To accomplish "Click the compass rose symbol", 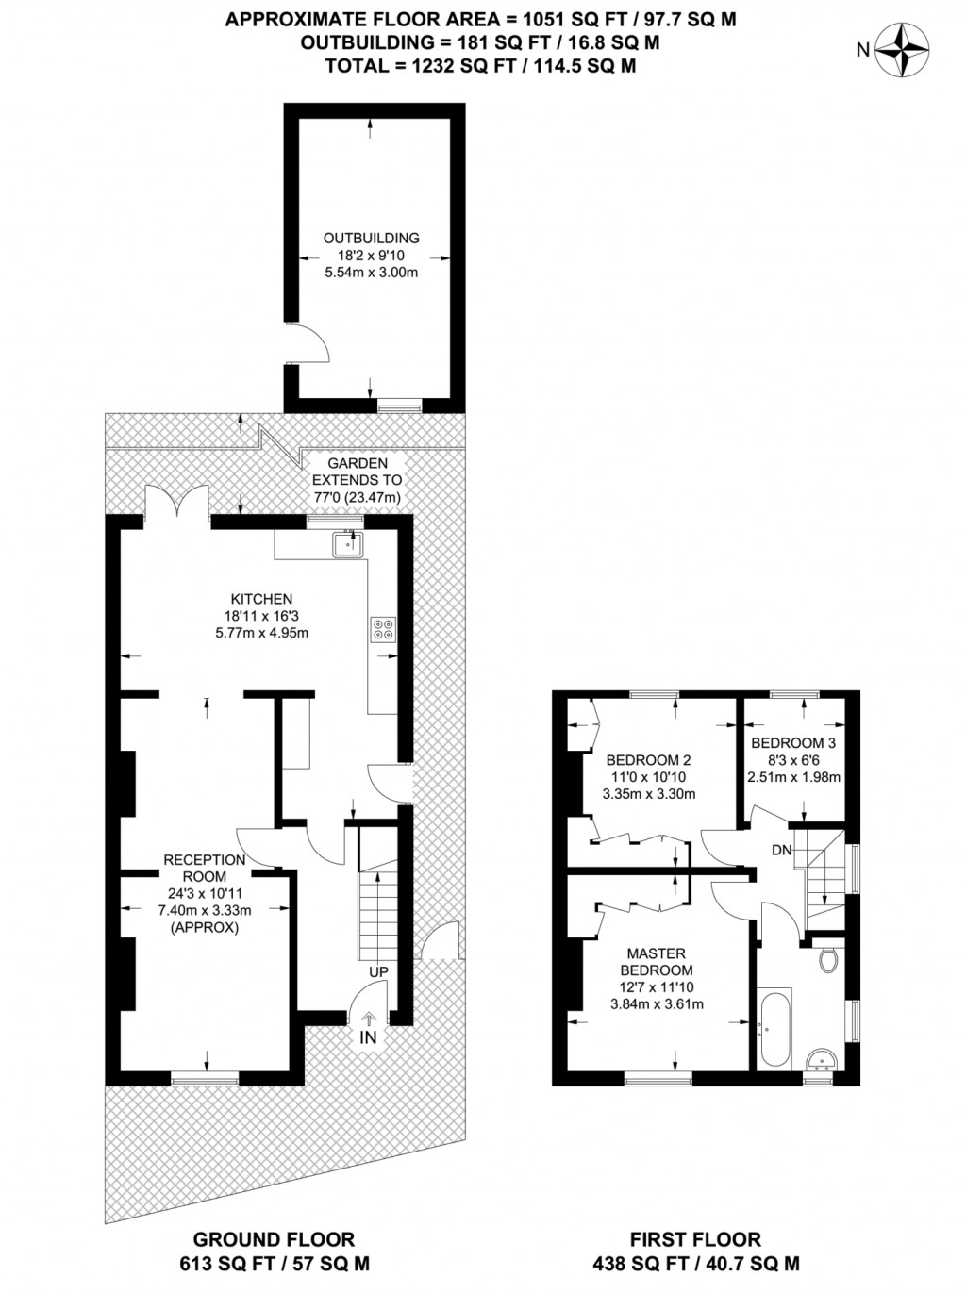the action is point(902,50).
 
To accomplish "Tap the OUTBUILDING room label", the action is point(371,239).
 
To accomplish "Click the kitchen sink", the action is point(348,544).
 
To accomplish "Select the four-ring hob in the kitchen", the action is point(383,628).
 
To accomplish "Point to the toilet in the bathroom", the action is point(828,960).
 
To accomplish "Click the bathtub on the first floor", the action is point(774,1028).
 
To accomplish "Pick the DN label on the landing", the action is point(782,850).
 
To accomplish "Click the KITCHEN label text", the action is point(261,599).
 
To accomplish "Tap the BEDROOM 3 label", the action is point(793,743).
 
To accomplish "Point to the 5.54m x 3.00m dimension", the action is point(371,273).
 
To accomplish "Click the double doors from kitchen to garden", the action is point(177,502).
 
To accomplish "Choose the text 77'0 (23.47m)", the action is point(357,497).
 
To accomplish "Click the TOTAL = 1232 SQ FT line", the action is point(480,65).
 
